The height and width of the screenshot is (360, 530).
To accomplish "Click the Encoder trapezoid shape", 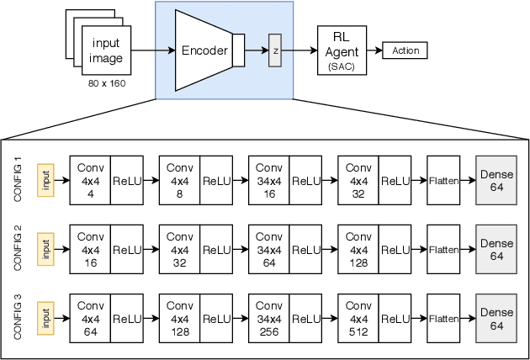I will (x=204, y=50).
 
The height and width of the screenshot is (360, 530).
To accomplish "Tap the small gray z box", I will (x=274, y=50).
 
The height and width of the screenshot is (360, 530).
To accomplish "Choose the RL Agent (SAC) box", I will (x=342, y=50).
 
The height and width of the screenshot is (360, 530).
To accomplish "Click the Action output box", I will (x=405, y=50).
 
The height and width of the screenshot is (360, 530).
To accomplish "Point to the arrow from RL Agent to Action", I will (x=374, y=50).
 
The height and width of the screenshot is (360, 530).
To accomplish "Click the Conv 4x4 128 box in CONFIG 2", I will (x=358, y=250).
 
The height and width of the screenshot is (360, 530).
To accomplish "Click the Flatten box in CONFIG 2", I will (x=443, y=250).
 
